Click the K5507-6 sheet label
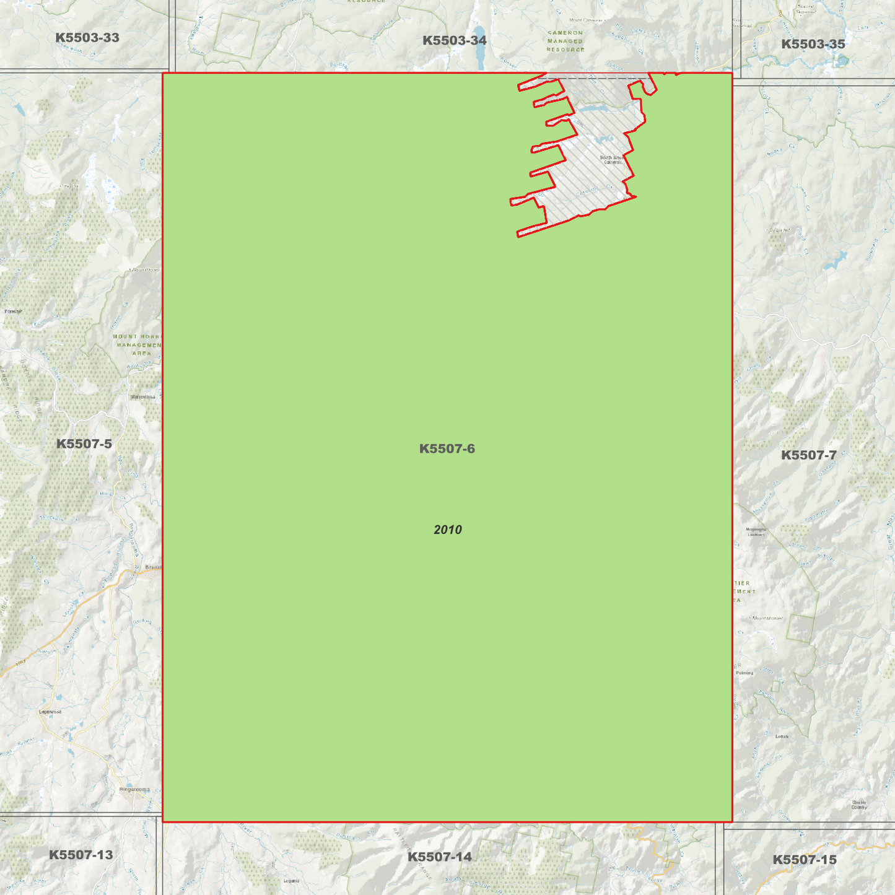tap(447, 448)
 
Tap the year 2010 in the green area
tap(447, 530)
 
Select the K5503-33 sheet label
tap(87, 38)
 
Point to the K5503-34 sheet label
tap(454, 41)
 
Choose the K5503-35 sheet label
tap(813, 44)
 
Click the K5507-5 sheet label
tap(84, 443)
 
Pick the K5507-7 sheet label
tap(808, 455)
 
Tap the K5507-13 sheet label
tap(81, 855)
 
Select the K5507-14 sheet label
tap(439, 857)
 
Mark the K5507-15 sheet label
tap(804, 860)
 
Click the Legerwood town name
tap(50, 712)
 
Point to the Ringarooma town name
tap(134, 789)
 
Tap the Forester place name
tap(13, 311)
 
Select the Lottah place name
tap(782, 736)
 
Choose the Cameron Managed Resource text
tap(565, 41)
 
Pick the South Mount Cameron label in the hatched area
tap(612, 160)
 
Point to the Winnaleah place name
tap(143, 396)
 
